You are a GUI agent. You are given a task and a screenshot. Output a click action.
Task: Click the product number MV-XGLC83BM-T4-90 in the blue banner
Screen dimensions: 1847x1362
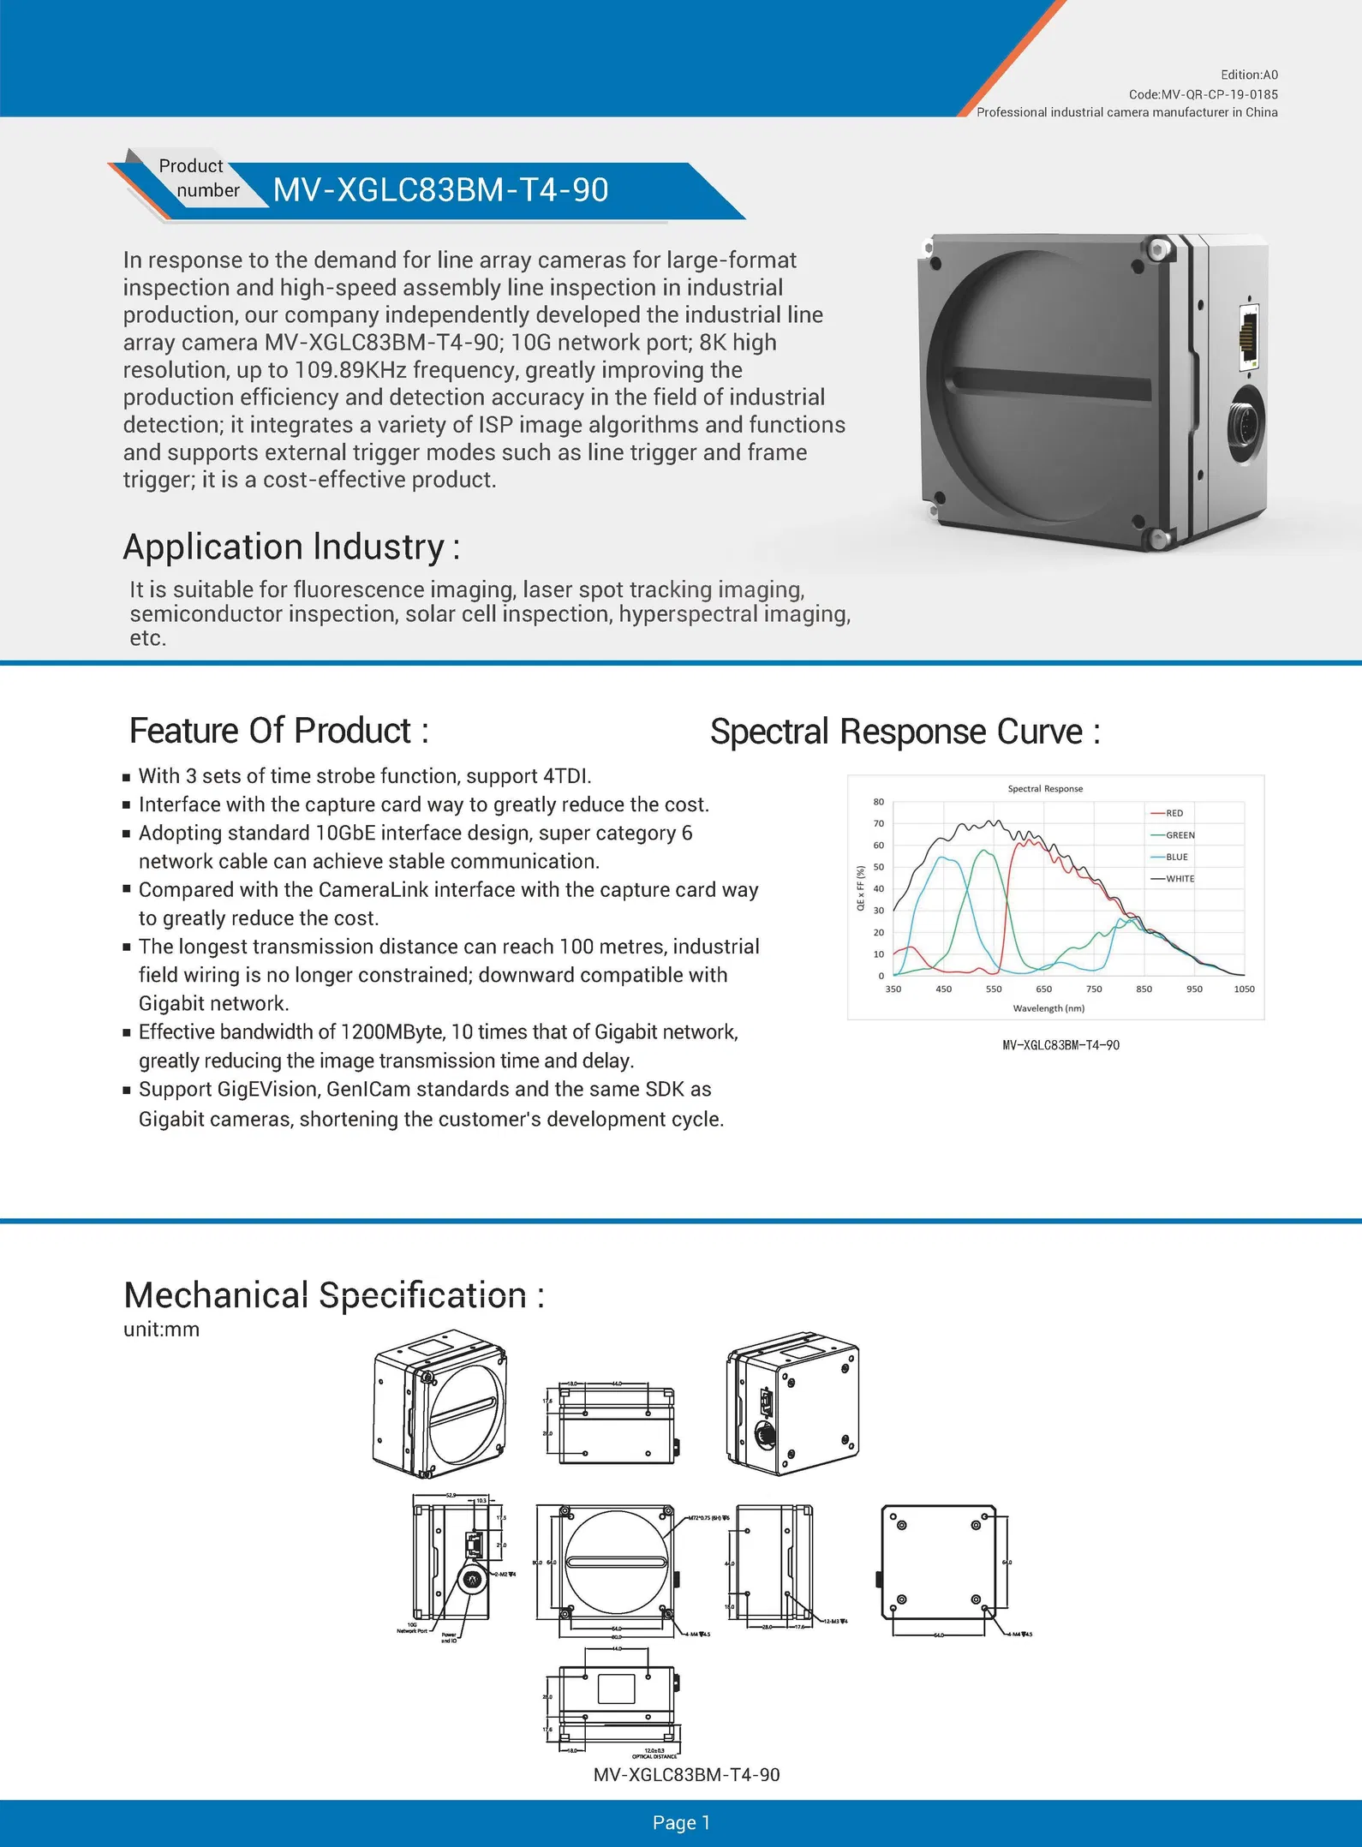point(440,190)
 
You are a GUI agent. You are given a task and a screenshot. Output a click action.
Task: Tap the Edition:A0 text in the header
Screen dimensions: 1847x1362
point(1249,75)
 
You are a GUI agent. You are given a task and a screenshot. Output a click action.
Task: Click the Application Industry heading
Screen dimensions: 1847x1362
point(291,547)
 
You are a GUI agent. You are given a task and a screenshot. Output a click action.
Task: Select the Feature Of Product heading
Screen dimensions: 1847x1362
point(278,731)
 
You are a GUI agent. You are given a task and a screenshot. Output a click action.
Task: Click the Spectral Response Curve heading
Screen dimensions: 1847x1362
point(905,732)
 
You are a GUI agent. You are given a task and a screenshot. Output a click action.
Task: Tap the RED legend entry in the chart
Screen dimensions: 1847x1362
point(1174,813)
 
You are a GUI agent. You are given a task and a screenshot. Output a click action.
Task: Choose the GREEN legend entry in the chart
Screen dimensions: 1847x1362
point(1180,835)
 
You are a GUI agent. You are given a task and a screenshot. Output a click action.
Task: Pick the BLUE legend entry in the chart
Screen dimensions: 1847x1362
point(1176,857)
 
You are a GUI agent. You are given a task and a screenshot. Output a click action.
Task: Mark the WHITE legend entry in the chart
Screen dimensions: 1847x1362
point(1180,879)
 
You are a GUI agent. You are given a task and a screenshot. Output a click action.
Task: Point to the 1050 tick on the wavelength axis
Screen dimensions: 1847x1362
point(1244,989)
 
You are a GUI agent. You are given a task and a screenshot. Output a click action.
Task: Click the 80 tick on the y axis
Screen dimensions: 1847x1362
point(879,802)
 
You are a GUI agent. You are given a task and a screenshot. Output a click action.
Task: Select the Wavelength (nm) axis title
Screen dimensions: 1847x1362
point(1048,1008)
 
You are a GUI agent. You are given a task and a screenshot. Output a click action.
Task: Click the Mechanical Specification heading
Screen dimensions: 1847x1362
point(333,1294)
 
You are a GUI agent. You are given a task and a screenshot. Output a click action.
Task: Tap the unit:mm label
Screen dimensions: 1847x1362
point(161,1330)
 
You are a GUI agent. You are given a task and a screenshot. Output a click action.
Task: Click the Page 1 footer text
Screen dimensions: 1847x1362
point(681,1822)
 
